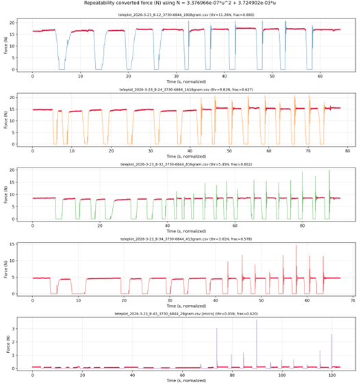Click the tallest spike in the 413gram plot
296,246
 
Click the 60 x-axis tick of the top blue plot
320,75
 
